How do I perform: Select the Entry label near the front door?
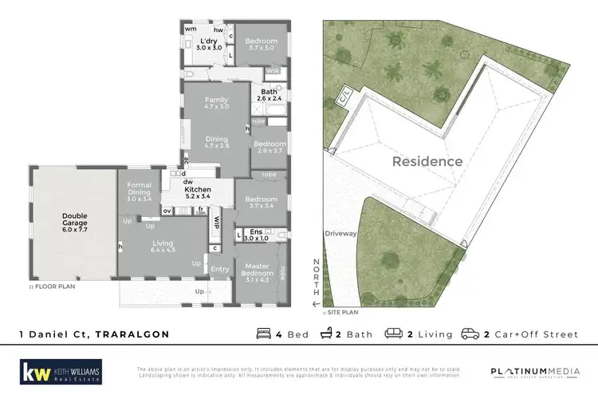219,269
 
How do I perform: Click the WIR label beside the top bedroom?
273,71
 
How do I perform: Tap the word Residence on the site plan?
427,161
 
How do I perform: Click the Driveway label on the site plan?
340,234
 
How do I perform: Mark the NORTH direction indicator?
317,279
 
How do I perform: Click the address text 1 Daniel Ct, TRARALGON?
94,334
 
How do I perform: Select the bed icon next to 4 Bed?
263,334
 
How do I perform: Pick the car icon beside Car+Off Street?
470,334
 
